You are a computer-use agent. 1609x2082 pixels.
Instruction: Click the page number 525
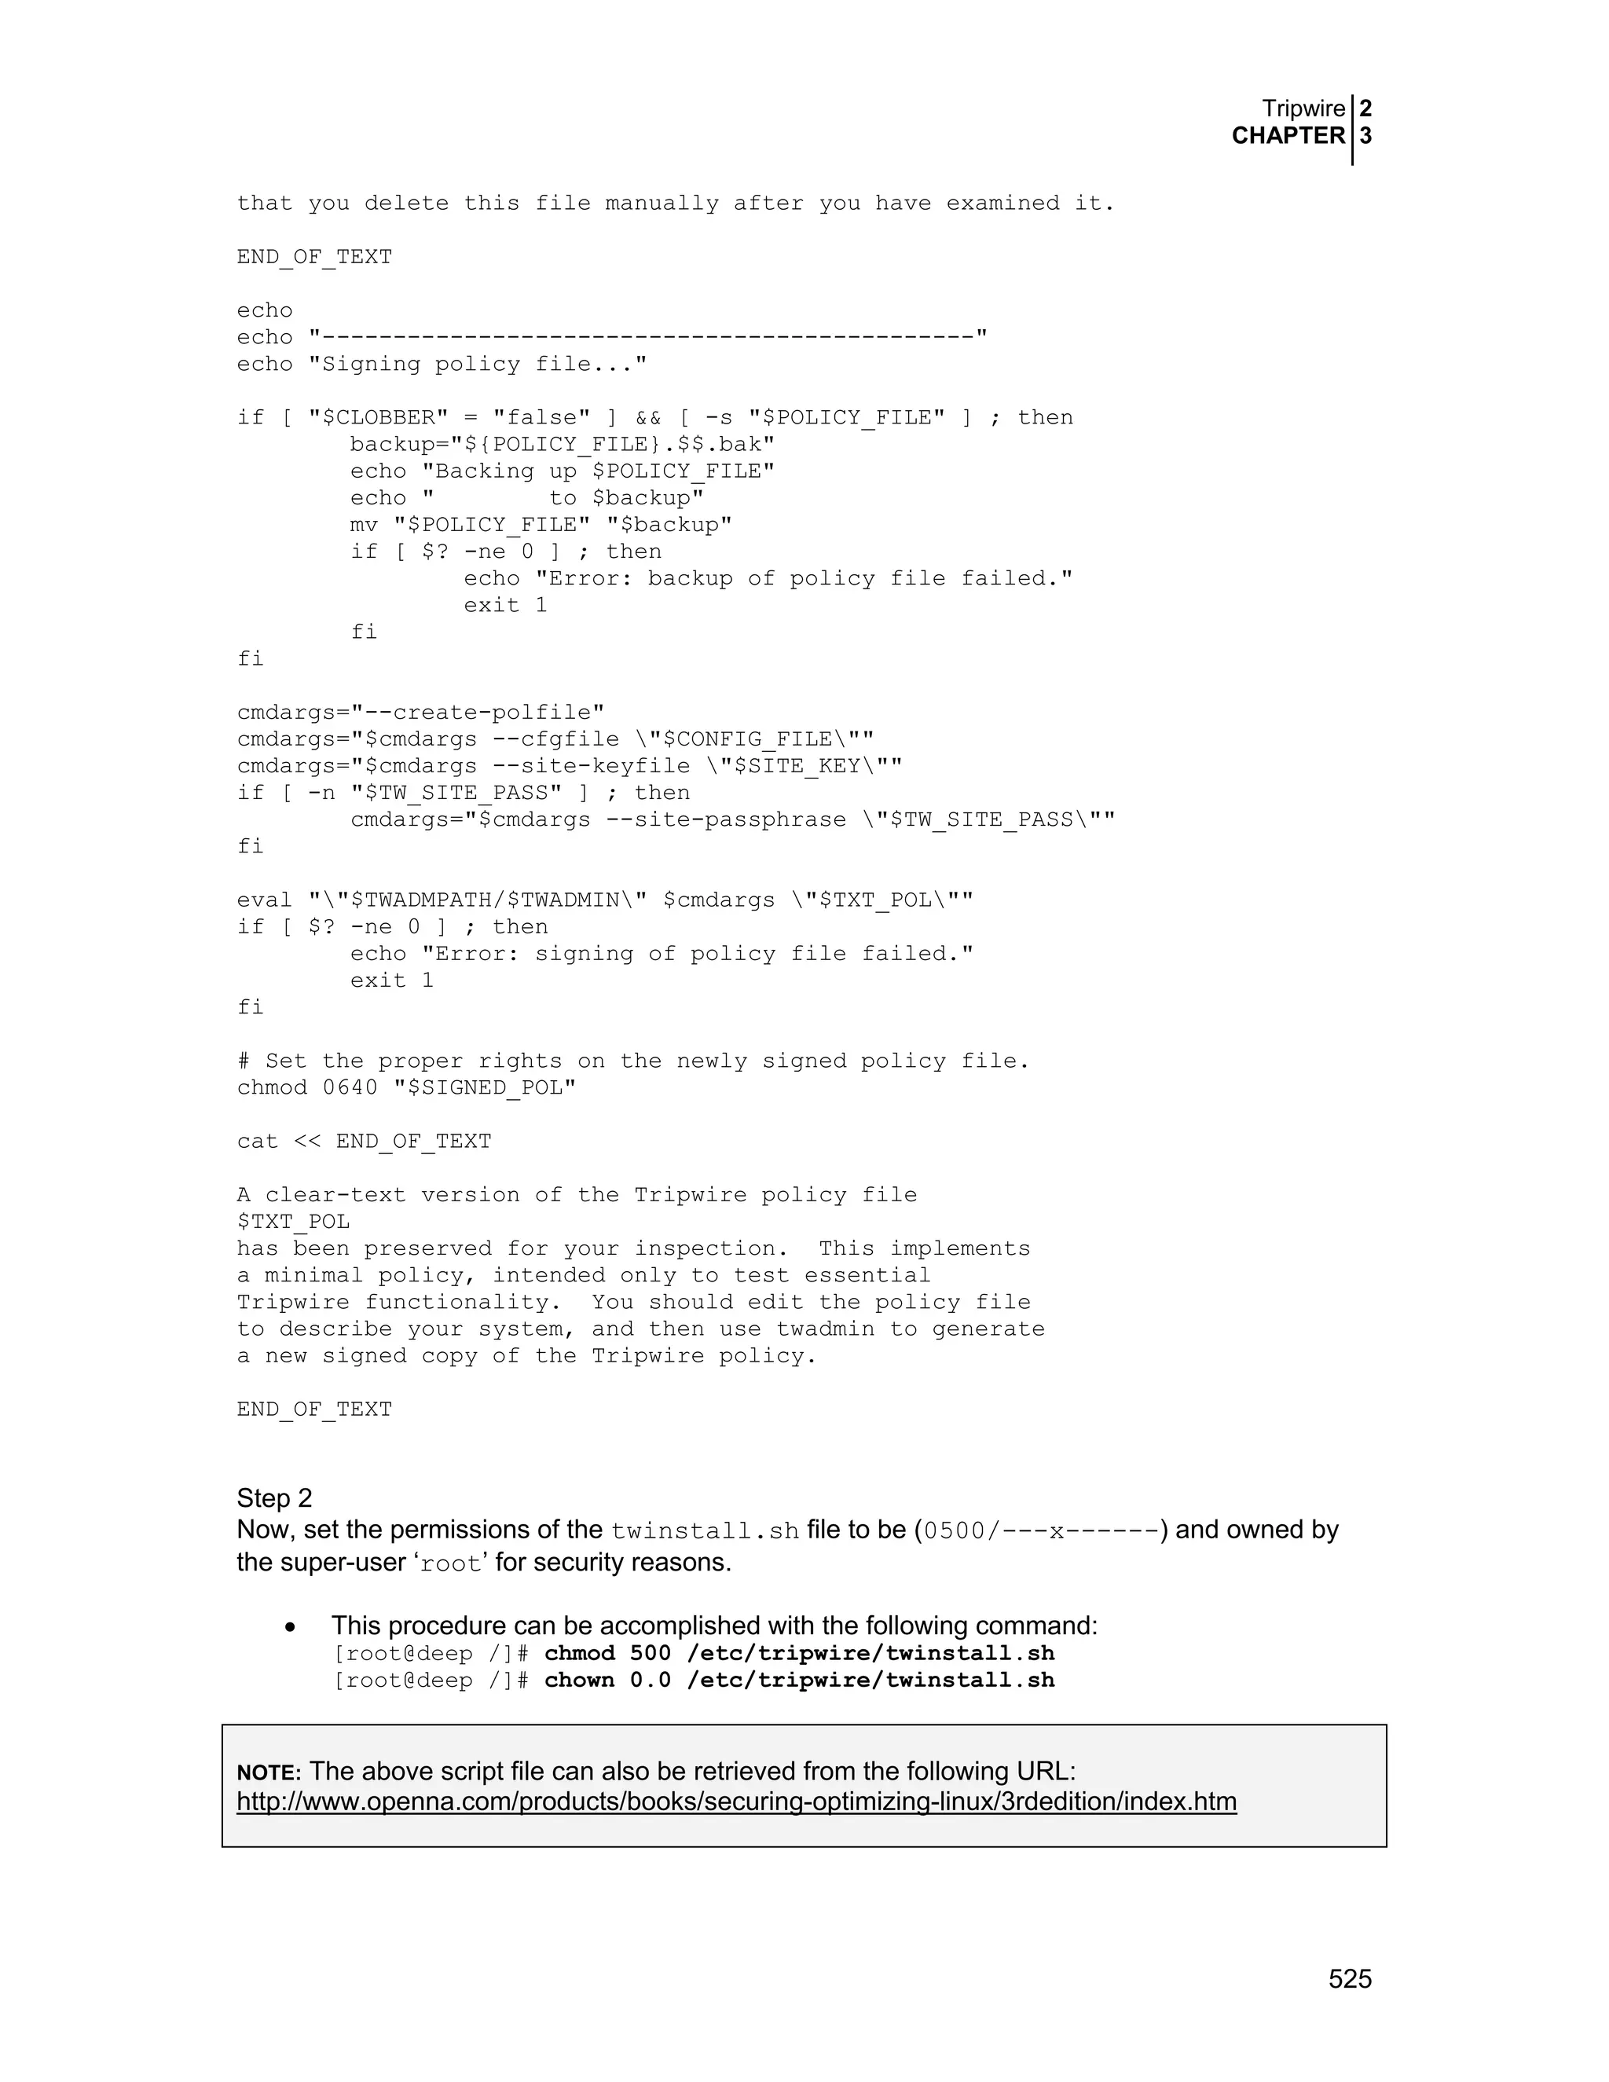[x=1350, y=1979]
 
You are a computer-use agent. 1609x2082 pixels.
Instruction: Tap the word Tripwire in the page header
[x=1303, y=108]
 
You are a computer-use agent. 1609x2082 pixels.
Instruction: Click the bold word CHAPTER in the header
[x=1288, y=135]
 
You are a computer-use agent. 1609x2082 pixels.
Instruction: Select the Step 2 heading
[x=274, y=1497]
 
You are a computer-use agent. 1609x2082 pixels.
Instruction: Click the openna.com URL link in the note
[x=736, y=1801]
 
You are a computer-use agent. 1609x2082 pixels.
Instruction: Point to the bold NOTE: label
[x=269, y=1772]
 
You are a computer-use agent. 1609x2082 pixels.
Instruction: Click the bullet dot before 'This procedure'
[x=291, y=1627]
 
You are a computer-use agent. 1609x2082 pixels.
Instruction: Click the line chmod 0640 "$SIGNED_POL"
[x=407, y=1087]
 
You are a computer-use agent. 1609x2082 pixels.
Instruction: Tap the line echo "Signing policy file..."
[x=442, y=365]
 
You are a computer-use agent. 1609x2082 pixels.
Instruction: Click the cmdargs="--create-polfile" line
[x=420, y=712]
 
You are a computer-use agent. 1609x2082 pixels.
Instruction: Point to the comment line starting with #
[x=633, y=1061]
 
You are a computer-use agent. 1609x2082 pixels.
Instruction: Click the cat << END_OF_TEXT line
[x=364, y=1141]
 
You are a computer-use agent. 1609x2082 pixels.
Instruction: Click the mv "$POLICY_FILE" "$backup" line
[x=541, y=524]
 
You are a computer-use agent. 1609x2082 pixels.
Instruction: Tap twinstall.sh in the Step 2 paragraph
[x=705, y=1531]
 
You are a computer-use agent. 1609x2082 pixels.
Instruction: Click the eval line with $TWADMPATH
[x=605, y=900]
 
